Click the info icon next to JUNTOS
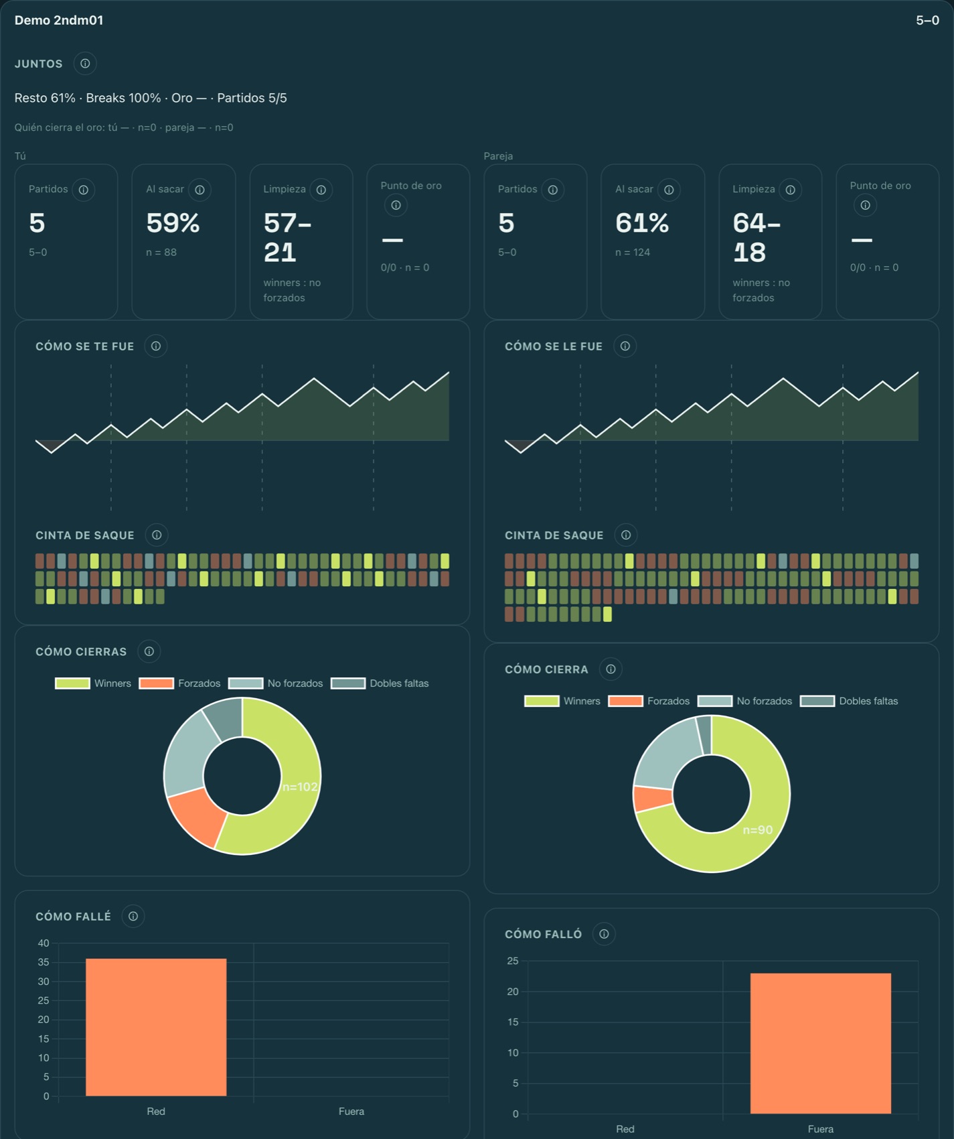(x=85, y=64)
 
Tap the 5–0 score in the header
(x=927, y=21)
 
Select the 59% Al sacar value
(x=173, y=223)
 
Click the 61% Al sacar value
(x=642, y=223)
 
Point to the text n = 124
(x=633, y=253)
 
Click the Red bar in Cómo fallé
(x=156, y=1027)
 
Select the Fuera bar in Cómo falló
(x=821, y=1043)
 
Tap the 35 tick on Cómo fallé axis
(x=44, y=962)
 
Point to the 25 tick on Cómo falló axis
(x=513, y=961)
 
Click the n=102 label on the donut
(x=300, y=787)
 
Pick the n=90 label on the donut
(x=758, y=830)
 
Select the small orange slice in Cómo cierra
(x=653, y=798)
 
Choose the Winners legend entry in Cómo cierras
(x=93, y=683)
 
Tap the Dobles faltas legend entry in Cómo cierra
(x=850, y=701)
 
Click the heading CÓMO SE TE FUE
(x=85, y=346)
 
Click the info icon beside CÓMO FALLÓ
(x=604, y=934)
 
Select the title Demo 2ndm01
(x=59, y=21)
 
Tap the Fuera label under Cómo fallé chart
(x=351, y=1112)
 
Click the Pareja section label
(x=498, y=156)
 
